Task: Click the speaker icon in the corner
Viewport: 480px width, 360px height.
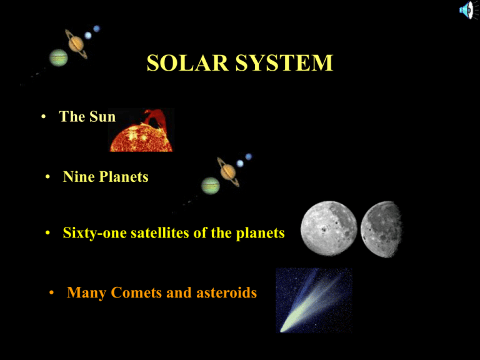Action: point(467,11)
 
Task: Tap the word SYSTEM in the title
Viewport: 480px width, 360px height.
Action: point(284,63)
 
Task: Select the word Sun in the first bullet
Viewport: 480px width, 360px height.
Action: point(102,117)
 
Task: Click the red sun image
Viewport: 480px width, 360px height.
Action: point(142,130)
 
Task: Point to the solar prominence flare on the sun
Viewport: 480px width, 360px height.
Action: point(155,117)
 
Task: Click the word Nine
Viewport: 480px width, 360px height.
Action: point(79,177)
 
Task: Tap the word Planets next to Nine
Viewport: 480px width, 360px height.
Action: point(124,177)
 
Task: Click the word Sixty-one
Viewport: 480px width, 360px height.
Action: point(94,233)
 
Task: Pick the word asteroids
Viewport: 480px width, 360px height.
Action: point(226,292)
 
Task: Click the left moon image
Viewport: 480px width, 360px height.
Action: point(329,228)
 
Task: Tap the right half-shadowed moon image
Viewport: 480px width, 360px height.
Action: point(381,229)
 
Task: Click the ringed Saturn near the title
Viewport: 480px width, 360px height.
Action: point(76,44)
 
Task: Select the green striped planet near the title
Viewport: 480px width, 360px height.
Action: point(59,57)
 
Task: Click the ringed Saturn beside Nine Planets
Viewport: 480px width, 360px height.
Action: point(228,172)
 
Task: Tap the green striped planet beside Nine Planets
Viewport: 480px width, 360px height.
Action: point(211,186)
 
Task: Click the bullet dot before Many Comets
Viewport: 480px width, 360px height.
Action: point(51,293)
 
